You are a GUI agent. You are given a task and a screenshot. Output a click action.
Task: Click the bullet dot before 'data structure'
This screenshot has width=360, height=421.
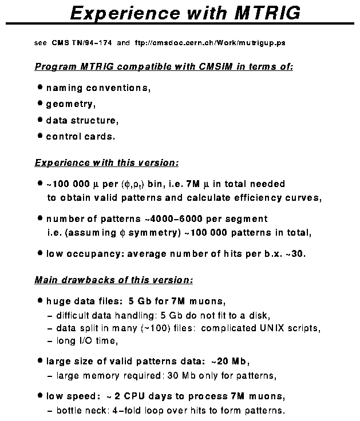click(40, 120)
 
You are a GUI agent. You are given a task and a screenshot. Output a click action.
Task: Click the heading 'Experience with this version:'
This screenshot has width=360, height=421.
click(107, 163)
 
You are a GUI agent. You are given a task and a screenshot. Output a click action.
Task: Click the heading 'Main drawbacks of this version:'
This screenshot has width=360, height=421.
click(114, 280)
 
